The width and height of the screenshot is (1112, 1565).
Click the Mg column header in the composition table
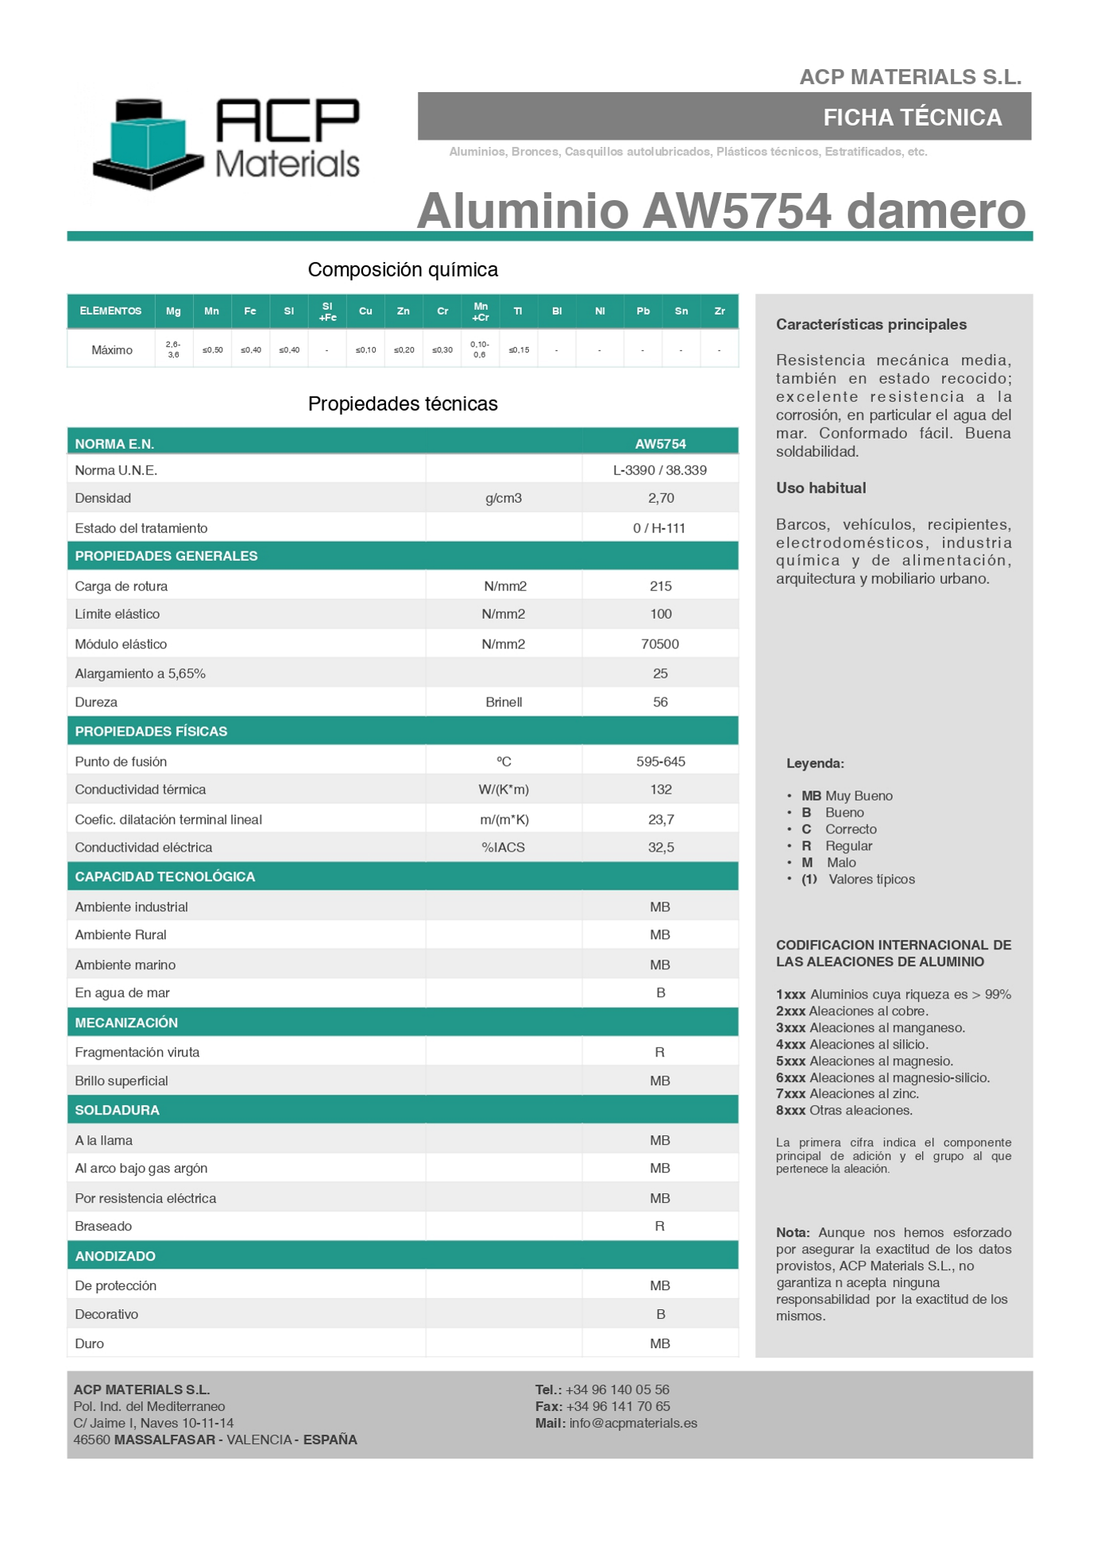pyautogui.click(x=173, y=311)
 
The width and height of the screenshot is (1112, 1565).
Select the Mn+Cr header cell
pyautogui.click(x=481, y=311)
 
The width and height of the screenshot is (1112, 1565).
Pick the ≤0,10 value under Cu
pyautogui.click(x=365, y=350)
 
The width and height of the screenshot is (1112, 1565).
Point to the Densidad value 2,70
pyautogui.click(x=661, y=498)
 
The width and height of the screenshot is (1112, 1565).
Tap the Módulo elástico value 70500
pyautogui.click(x=660, y=644)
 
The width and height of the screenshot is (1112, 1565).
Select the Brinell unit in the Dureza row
pyautogui.click(x=504, y=702)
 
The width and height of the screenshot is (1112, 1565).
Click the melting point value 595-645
pyautogui.click(x=660, y=762)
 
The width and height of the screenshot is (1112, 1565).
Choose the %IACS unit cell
pyautogui.click(x=504, y=848)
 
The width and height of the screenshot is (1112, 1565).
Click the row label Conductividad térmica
pyautogui.click(x=141, y=790)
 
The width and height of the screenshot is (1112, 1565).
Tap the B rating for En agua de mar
pyautogui.click(x=661, y=993)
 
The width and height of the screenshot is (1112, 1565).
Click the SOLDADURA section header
pyautogui.click(x=118, y=1111)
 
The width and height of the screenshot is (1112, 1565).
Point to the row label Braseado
pyautogui.click(x=103, y=1227)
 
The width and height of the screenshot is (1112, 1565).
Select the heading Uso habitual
pyautogui.click(x=820, y=488)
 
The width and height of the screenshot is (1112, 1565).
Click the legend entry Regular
pyautogui.click(x=848, y=846)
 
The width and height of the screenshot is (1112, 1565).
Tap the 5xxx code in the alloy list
pyautogui.click(x=790, y=1061)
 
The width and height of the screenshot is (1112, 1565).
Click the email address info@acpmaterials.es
pyautogui.click(x=633, y=1424)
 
